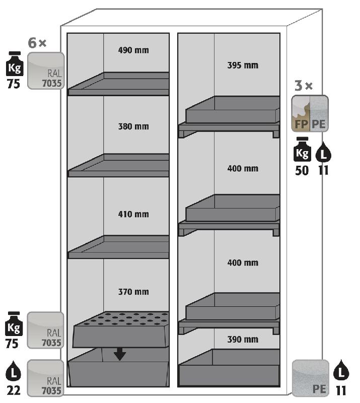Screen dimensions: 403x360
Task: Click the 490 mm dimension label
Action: (133, 50)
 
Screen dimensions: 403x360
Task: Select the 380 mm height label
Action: (133, 126)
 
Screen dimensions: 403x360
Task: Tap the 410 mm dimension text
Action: (133, 214)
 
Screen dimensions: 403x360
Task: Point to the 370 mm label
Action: (133, 292)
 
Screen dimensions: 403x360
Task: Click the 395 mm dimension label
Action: (243, 65)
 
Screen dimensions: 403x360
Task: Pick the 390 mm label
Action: (243, 339)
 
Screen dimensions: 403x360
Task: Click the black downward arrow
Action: (119, 354)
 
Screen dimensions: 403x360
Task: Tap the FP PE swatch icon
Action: (310, 113)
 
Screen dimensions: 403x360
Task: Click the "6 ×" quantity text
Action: (37, 43)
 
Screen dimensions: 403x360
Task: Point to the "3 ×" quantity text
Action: (303, 86)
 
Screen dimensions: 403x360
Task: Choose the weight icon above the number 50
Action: (302, 151)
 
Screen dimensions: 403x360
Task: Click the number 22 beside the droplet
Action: (14, 391)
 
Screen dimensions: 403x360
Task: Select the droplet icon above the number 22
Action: (14, 373)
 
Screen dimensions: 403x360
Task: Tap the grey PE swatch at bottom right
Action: (310, 378)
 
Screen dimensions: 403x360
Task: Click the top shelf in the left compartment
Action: (119, 84)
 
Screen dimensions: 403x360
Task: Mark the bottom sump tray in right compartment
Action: (229, 370)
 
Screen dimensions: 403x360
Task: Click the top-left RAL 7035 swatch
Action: (46, 71)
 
